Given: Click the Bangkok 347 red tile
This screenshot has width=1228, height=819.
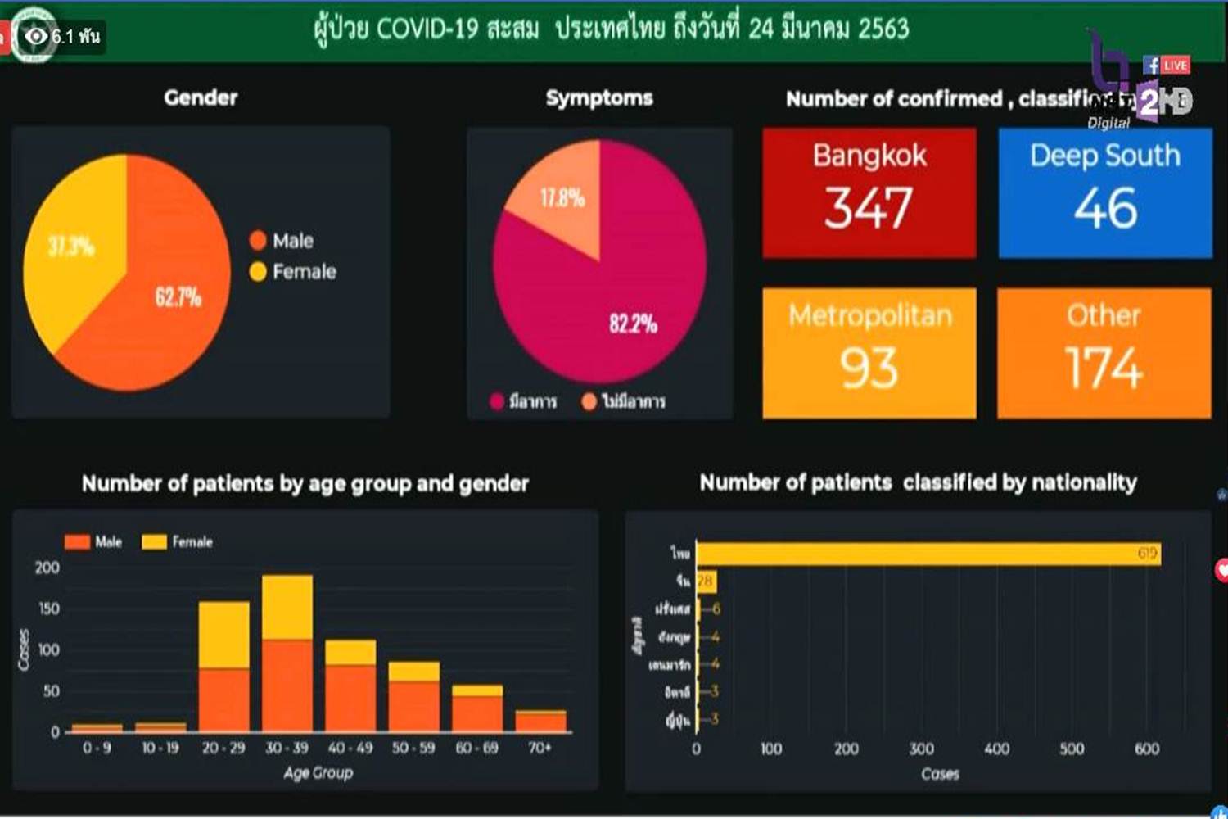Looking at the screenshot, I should pos(869,192).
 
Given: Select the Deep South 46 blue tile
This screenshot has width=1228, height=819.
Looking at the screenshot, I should pos(1104,192).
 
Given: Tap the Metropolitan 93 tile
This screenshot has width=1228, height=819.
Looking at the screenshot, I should pos(869,353).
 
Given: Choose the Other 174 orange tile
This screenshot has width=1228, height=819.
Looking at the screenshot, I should pos(1104,353).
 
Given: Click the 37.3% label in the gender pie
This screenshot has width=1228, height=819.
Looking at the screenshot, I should pos(71,246).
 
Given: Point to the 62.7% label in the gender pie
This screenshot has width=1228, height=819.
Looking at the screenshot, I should pos(178,296).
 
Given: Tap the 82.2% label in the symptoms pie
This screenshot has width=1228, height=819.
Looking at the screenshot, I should pos(633,324).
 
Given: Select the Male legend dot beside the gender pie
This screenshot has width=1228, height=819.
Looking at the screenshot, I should pos(258,241).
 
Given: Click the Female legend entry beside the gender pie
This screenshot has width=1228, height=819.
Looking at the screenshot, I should pos(295,272).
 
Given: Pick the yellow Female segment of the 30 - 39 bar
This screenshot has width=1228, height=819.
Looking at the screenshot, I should pos(287,606).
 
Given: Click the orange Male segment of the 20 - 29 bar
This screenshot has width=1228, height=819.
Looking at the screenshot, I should pos(224,700).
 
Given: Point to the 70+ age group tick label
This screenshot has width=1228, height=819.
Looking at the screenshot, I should pos(540,748).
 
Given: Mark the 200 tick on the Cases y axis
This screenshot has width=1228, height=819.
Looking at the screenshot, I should pos(47,568).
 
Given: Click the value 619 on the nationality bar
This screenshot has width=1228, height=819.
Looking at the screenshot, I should pos(1147,554).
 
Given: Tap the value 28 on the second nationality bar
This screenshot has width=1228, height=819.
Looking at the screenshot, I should pos(705,581).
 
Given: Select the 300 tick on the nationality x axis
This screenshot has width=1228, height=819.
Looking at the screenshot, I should pos(921,749).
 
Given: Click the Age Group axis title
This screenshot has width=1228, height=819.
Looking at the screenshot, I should pos(318,772).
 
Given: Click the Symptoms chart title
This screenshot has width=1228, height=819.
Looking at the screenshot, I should pos(599,98).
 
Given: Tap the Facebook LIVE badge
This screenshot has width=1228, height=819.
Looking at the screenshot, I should pos(1167,65).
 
